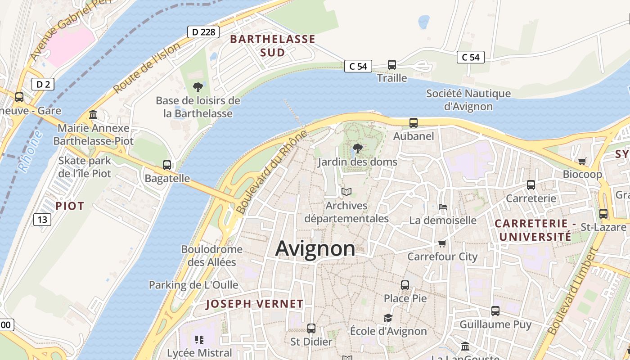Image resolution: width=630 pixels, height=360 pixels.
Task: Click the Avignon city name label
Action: (315, 248)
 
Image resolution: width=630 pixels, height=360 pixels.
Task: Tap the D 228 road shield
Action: (203, 32)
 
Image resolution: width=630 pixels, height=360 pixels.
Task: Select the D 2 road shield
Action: (43, 84)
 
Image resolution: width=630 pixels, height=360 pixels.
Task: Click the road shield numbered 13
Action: (42, 220)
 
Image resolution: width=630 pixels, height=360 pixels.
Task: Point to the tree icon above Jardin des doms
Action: (358, 148)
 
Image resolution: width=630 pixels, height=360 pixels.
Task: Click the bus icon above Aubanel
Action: (413, 122)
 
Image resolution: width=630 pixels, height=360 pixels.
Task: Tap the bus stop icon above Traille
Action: (392, 65)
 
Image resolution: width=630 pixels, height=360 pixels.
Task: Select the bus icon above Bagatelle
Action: (167, 165)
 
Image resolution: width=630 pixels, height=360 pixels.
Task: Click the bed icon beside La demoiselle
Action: (443, 207)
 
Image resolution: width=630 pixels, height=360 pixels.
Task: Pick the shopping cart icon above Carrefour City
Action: (442, 243)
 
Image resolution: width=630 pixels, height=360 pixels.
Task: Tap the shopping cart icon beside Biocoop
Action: (582, 161)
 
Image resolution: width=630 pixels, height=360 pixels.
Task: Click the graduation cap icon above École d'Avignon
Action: (388, 318)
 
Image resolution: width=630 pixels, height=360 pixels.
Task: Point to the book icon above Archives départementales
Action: (346, 192)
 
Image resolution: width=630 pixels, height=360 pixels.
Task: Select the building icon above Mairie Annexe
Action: (93, 115)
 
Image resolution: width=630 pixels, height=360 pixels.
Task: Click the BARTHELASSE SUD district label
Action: (273, 45)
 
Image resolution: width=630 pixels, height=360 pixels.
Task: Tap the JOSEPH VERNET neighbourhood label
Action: (255, 304)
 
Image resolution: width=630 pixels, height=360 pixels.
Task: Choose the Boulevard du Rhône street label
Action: (271, 172)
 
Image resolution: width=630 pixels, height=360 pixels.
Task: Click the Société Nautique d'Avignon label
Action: (468, 100)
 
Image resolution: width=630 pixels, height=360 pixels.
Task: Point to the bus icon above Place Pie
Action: (405, 285)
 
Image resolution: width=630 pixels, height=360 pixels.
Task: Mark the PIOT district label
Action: (70, 206)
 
